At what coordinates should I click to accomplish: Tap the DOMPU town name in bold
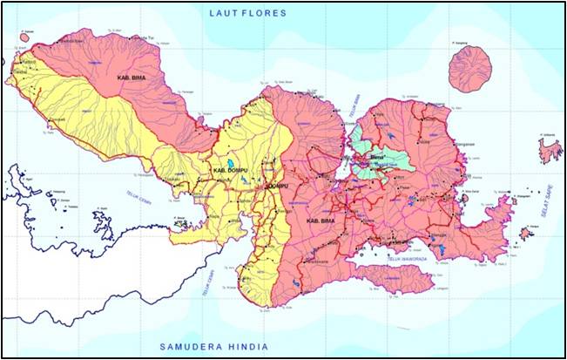pos(276,187)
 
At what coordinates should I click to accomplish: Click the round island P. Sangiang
pos(470,67)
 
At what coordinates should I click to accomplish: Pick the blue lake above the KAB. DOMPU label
pos(230,162)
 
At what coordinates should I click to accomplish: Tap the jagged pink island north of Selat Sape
pos(550,151)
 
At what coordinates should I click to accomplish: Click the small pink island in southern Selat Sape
pos(526,233)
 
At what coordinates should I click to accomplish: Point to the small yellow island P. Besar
pos(179,224)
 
